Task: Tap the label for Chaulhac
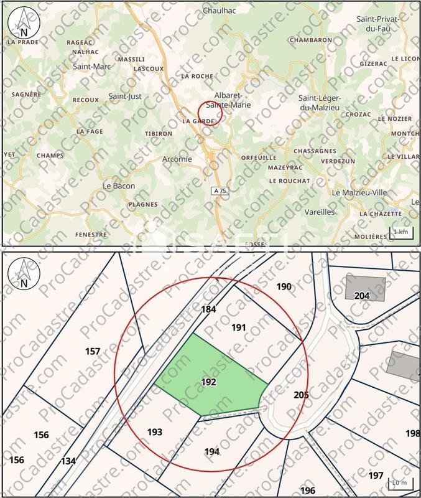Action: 218,11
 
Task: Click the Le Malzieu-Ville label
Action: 359,192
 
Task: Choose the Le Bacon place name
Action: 118,186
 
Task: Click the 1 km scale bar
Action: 400,232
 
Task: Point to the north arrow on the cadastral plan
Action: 23,272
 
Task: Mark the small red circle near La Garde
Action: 210,113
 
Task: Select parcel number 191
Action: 239,327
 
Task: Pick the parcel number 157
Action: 93,352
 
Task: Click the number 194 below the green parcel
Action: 212,451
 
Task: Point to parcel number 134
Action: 68,461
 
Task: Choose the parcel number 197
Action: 376,476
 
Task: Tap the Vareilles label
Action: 320,212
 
